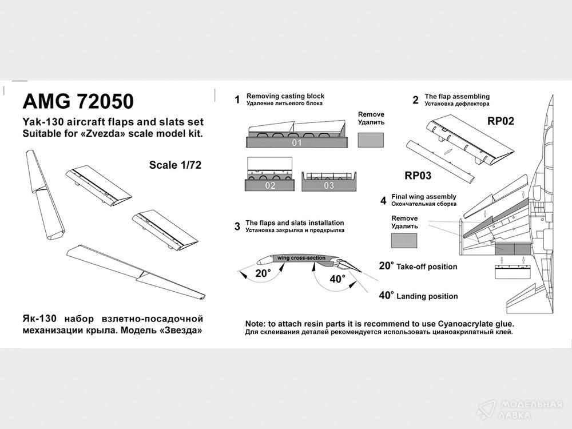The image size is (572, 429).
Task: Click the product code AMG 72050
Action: [x=78, y=101]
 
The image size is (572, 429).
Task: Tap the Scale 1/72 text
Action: [x=176, y=165]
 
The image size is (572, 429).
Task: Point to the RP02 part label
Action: [x=500, y=121]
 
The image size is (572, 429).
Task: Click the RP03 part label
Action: [x=418, y=175]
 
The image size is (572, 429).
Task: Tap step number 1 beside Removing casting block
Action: [x=237, y=100]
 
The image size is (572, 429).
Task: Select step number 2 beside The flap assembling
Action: [x=415, y=100]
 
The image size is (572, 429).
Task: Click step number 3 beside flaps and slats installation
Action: [x=237, y=227]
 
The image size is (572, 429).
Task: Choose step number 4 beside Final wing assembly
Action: [x=383, y=200]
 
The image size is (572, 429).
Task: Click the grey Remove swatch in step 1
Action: [x=371, y=140]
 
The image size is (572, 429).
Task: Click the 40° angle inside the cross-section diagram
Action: [x=337, y=279]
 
